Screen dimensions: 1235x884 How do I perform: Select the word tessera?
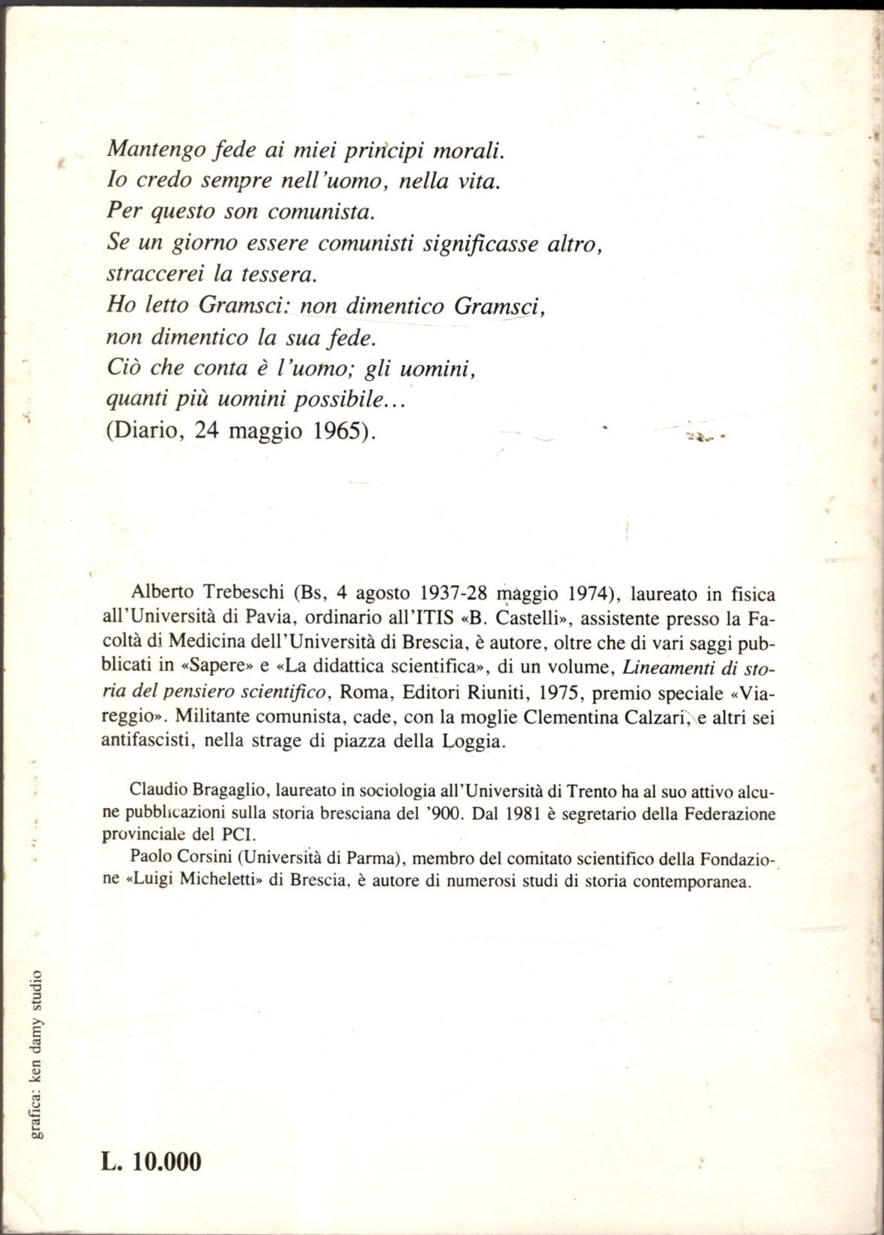[285, 276]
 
